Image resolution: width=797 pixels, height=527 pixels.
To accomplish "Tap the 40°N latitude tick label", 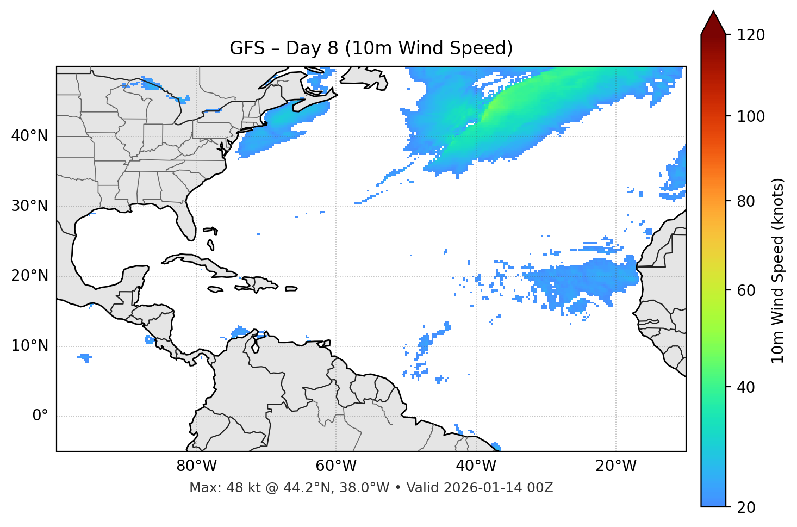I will point(29,135).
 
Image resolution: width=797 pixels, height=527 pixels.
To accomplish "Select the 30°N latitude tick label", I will point(29,206).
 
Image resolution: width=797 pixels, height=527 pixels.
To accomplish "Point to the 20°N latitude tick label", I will point(29,276).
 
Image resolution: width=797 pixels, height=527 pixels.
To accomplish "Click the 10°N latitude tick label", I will point(29,346).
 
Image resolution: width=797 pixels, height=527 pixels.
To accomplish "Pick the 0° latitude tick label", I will point(40,416).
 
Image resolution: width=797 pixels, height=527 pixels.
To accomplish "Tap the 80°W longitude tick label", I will point(196,466).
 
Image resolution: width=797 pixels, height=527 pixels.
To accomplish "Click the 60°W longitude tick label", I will point(336,466).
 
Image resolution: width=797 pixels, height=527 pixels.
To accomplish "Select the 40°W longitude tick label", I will point(476,466).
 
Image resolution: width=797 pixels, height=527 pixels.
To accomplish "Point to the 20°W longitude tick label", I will point(616,466).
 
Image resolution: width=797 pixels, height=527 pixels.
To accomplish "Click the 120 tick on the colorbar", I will point(751,35).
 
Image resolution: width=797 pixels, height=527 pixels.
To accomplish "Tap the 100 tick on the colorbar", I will point(751,116).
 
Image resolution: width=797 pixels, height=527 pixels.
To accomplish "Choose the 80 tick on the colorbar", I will point(746,201).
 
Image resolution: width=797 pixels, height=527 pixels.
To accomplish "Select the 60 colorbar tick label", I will point(746,290).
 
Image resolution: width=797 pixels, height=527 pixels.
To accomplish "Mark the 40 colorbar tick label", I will point(746,387).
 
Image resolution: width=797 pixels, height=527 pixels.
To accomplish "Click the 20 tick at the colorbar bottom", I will point(746,507).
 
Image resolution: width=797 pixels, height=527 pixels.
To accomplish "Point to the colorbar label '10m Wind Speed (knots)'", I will point(778,270).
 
